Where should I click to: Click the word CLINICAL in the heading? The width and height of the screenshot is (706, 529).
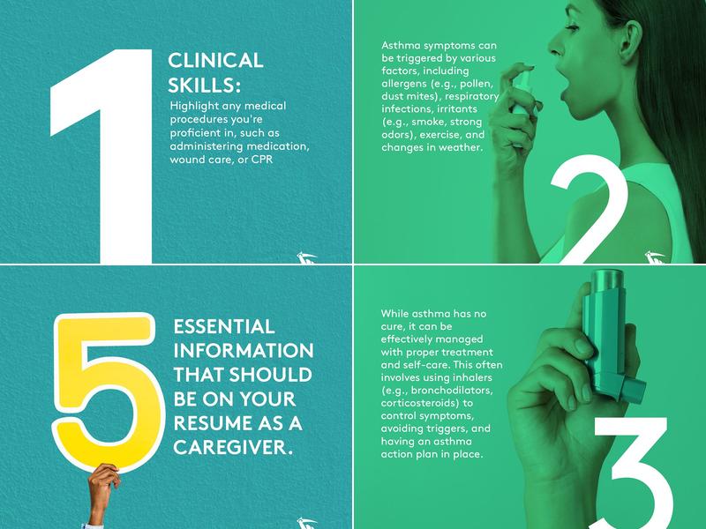[215, 61]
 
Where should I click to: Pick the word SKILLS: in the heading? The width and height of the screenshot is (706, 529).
[201, 85]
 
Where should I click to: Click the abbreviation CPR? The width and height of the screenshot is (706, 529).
[262, 160]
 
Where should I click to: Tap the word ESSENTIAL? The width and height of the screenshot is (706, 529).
[224, 327]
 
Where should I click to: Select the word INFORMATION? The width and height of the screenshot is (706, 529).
[244, 351]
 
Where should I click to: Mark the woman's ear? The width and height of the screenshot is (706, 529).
[629, 37]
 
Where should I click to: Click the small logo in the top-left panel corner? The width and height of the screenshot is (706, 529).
[307, 257]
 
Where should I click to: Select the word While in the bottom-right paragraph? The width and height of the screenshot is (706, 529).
[394, 314]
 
